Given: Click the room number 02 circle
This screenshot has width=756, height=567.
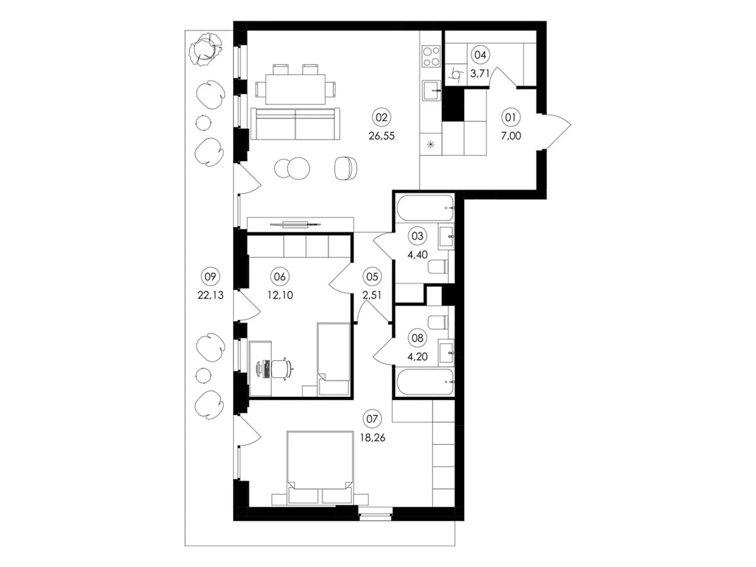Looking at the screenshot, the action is pos(381,117).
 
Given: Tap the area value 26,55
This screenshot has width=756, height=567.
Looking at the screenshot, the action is pos(381,136).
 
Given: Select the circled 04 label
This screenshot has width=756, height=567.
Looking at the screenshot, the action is pos(480,55).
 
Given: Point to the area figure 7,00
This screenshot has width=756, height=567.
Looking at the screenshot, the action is pos(511,136).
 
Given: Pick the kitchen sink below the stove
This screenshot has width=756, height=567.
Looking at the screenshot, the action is pos(431,91).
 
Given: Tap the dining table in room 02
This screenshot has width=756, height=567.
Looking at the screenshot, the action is pos(295,89).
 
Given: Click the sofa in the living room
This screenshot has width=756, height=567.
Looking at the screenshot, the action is pos(295,124).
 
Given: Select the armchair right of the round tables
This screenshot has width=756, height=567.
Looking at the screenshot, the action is pos(346,168).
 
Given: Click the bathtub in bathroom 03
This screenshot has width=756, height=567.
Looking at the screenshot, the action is pos(425,208).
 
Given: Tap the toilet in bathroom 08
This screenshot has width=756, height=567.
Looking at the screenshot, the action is pos(438,322).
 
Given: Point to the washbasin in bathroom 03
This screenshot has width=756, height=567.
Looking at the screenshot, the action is pos(446,236).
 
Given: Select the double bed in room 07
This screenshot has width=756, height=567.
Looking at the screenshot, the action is pos(320,467).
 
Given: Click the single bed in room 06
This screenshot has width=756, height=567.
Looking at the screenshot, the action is pos(334,359).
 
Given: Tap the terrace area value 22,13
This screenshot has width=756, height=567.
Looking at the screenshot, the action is pos(210,295).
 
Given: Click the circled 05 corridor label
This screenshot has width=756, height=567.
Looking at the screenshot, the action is pos(372,276).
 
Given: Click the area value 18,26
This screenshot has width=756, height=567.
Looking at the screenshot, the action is pos(372,438).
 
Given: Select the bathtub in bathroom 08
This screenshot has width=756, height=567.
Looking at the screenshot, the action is pos(425,382).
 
